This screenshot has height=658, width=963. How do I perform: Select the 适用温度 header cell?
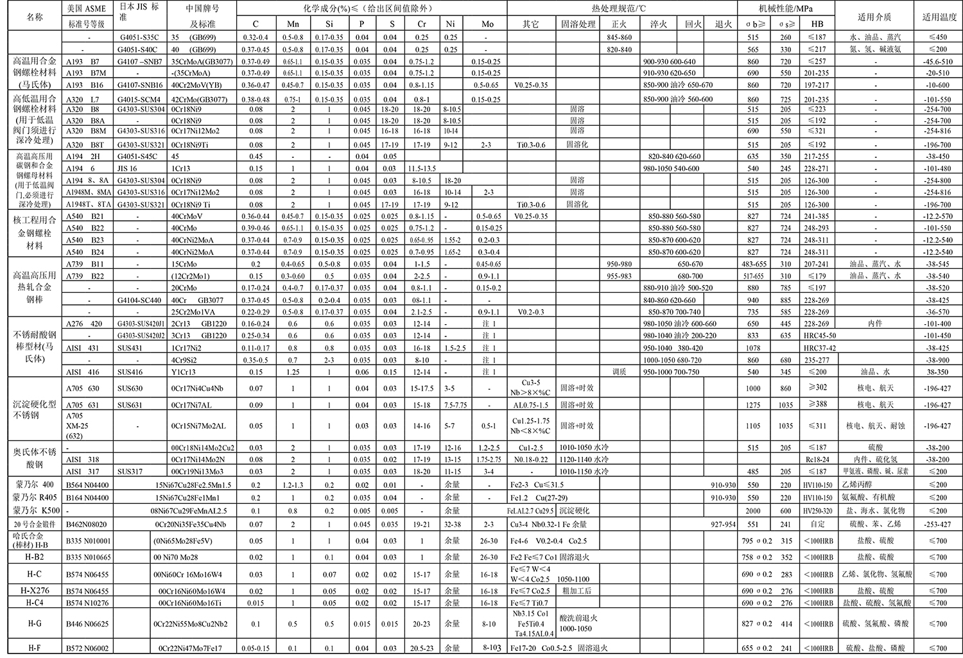click(938, 17)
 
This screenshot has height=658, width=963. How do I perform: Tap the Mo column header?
click(487, 24)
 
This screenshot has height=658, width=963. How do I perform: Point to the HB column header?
click(817, 24)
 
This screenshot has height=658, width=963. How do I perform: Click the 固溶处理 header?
click(577, 24)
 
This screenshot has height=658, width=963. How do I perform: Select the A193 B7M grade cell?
click(86, 73)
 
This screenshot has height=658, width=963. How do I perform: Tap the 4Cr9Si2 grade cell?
click(185, 360)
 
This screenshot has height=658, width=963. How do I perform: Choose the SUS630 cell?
click(130, 388)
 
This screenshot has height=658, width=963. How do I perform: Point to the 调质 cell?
click(619, 372)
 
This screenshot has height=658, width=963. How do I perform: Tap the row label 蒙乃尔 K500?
click(36, 511)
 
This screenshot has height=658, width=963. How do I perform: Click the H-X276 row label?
click(36, 591)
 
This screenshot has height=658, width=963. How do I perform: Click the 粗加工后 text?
click(577, 591)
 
